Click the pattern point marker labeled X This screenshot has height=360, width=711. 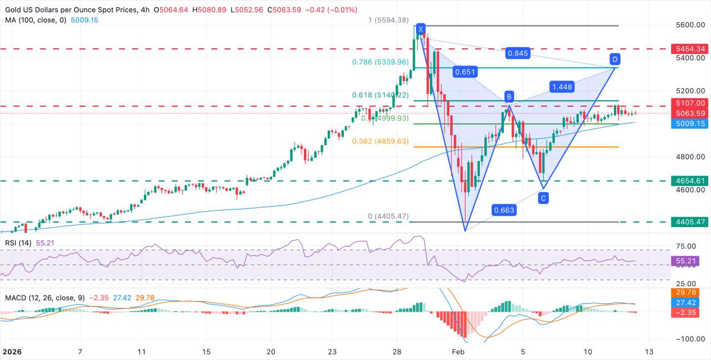click(x=420, y=29)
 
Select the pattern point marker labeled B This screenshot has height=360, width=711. click(x=508, y=95)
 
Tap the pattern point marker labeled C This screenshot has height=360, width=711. click(x=544, y=197)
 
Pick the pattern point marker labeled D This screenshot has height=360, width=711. click(x=614, y=58)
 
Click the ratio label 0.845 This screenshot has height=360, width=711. click(x=517, y=53)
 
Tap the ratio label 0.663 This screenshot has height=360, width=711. click(x=503, y=210)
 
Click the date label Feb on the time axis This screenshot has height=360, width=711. click(x=457, y=352)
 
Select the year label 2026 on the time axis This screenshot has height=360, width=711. click(x=13, y=352)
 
